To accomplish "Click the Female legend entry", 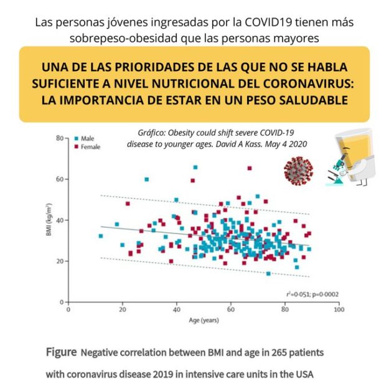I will pos(88,147).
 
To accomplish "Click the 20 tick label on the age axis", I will pos(122,309).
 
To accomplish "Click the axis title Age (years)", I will pos(204,321).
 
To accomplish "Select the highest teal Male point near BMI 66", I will pos(195,167).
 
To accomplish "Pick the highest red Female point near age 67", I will pos(250,168).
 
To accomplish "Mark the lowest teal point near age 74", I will pos(268,274).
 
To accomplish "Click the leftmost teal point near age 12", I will pos(101,236).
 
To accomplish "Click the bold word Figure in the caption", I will pos(61,352).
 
